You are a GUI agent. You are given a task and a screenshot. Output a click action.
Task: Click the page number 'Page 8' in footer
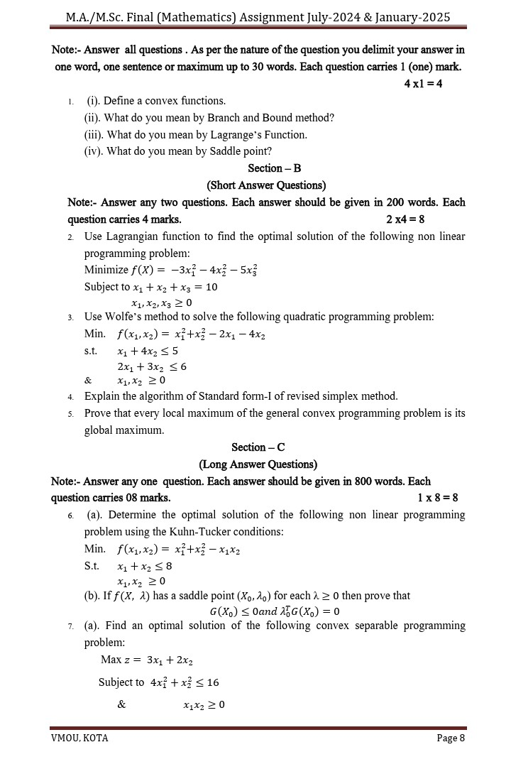[451, 738]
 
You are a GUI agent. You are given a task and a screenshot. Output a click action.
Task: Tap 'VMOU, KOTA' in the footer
[79, 738]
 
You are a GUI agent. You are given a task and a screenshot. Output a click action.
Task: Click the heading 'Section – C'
[258, 447]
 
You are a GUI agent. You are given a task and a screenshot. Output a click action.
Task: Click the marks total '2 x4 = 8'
[405, 219]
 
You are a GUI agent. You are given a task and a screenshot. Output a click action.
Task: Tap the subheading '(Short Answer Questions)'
[266, 185]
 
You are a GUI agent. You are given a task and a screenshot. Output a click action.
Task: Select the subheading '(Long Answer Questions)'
[258, 464]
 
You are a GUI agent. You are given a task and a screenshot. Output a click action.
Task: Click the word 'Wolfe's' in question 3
[125, 317]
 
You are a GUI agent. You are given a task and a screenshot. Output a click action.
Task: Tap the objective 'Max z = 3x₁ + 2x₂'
[147, 660]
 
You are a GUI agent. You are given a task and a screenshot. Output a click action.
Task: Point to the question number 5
[71, 413]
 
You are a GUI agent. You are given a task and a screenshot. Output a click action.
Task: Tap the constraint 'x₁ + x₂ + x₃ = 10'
[173, 288]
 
